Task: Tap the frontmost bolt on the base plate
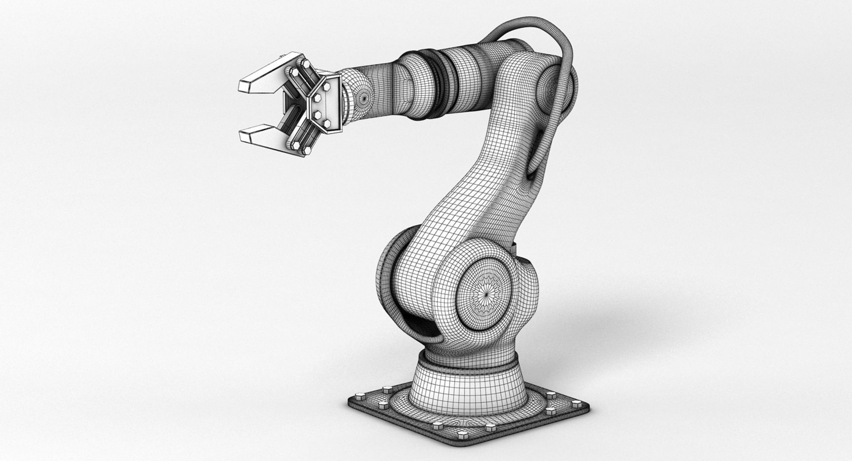(490, 428)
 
